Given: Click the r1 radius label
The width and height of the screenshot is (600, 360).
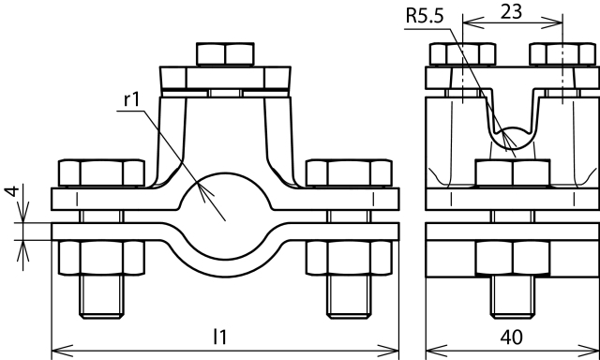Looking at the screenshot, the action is (132, 99).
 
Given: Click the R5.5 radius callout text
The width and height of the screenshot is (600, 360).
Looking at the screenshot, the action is (425, 17).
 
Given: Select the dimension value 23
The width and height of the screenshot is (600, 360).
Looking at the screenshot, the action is (511, 12).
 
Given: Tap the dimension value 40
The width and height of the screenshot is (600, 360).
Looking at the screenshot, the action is (511, 337).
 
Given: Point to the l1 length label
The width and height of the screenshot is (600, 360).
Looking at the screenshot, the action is (220, 337).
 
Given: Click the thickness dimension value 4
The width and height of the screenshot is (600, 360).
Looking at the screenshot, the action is (12, 190).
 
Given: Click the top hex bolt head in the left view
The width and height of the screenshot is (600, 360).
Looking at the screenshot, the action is (225, 54).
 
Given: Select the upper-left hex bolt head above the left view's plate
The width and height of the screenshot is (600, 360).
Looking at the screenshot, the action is (101, 172).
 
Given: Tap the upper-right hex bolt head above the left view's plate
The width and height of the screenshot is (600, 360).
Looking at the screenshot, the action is (349, 172).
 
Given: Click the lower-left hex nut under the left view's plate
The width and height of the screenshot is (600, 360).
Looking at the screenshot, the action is (101, 258).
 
